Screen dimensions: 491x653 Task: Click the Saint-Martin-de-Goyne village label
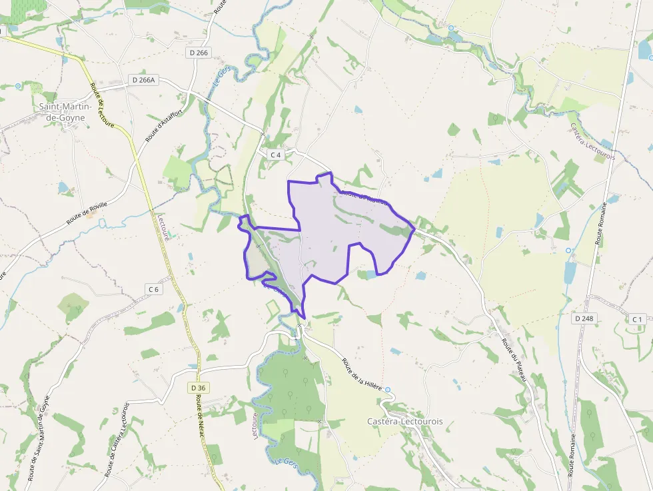61,112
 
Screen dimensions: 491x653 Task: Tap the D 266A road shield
143,80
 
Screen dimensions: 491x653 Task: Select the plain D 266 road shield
198,53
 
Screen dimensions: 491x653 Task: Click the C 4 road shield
276,155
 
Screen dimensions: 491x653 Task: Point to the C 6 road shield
154,288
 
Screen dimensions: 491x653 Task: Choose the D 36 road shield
198,387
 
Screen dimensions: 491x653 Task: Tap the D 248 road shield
584,318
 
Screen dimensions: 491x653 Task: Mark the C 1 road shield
637,320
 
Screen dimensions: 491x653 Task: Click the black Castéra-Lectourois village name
405,422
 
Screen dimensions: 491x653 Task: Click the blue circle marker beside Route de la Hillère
388,390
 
